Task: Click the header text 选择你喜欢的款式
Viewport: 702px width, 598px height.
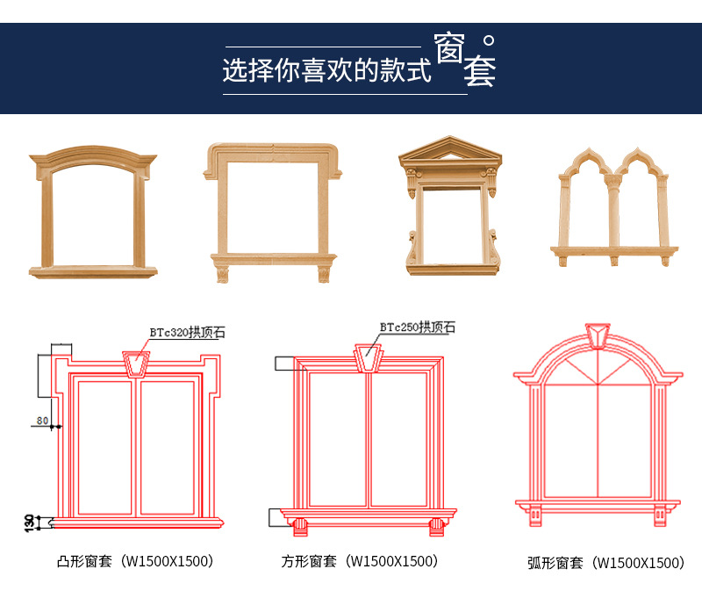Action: coord(326,70)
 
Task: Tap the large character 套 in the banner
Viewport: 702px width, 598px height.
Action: coord(479,73)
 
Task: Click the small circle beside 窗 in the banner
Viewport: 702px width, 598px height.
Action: coord(489,40)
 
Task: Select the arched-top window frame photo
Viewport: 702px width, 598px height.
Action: coord(93,213)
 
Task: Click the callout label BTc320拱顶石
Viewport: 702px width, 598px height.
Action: coord(187,333)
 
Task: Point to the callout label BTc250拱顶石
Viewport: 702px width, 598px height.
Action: coord(418,328)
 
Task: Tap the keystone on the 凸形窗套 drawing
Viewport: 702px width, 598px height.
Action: coord(135,364)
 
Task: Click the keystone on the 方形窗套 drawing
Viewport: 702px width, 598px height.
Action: coord(369,357)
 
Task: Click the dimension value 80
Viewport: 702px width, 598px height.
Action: coord(42,421)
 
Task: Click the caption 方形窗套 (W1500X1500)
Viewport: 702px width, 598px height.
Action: coord(359,561)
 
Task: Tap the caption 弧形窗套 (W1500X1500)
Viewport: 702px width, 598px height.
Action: coord(605,563)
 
